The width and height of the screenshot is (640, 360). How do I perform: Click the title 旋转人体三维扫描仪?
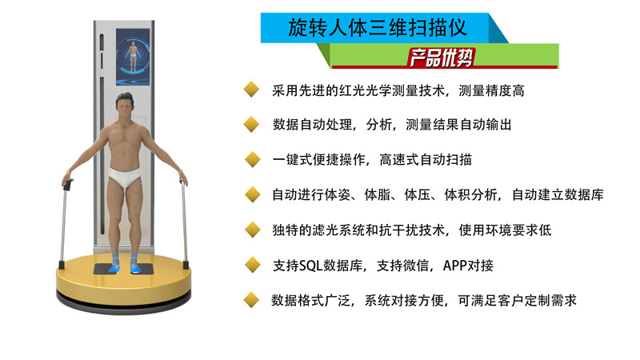tap(378, 28)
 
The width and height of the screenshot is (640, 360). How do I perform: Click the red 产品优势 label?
tap(441, 58)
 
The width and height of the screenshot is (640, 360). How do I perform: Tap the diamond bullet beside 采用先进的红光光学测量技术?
tap(251, 90)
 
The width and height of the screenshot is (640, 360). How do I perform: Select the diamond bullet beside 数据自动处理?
tap(251, 124)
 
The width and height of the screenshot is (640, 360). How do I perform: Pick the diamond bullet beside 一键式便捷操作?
tap(253, 159)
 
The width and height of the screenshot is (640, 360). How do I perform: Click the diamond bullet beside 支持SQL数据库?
tap(253, 265)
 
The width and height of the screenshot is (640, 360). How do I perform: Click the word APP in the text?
tap(455, 266)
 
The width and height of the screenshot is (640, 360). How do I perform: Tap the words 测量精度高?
tap(491, 90)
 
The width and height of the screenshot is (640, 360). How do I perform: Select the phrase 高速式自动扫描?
tap(426, 159)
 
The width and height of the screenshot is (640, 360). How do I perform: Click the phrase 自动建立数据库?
tap(558, 194)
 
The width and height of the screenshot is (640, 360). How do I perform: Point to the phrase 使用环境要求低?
tap(506, 230)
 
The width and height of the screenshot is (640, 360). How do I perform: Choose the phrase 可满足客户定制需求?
tap(517, 301)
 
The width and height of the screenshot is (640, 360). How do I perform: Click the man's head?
tap(125, 105)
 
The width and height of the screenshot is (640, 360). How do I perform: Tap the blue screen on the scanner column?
tap(133, 57)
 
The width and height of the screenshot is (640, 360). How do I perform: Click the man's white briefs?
tap(125, 176)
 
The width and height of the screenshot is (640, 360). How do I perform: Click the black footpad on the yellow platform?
tap(124, 269)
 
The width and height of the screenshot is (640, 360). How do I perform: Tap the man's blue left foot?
tap(136, 267)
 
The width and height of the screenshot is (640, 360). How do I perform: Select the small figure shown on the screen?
tap(133, 56)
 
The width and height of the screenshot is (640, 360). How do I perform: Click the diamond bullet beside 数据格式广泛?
tap(251, 300)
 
